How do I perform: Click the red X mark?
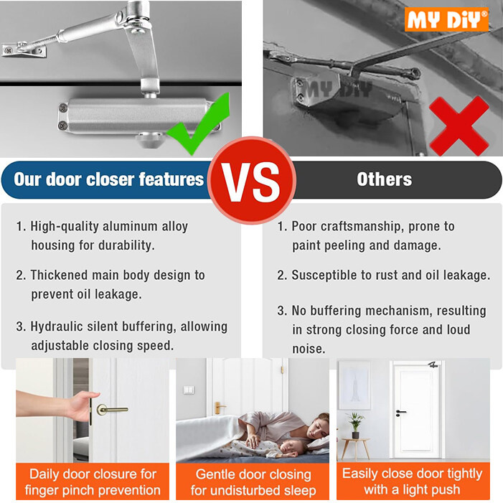(x=459, y=126)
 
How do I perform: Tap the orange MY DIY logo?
(x=446, y=19)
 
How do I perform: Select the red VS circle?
(x=251, y=179)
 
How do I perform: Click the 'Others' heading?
(x=385, y=179)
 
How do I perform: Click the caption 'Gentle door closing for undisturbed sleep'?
(x=253, y=482)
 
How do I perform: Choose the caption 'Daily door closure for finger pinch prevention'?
(x=93, y=482)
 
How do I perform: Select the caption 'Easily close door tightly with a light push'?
(x=413, y=481)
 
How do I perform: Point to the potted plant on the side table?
(x=354, y=423)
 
